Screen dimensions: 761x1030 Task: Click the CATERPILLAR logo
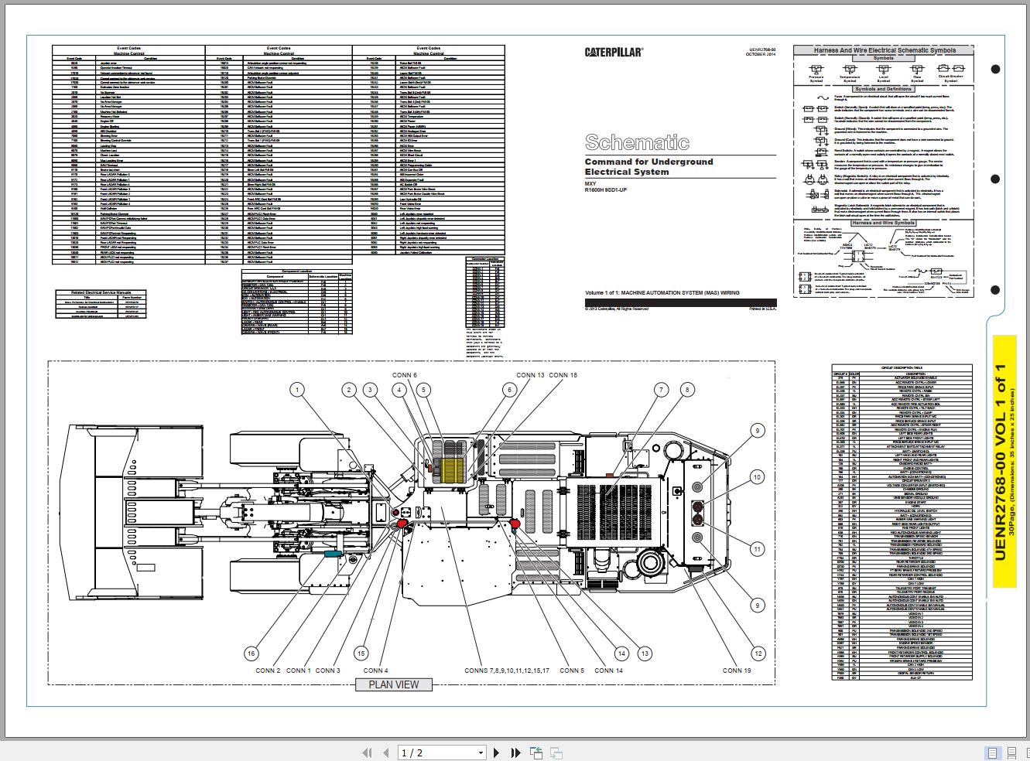(x=613, y=53)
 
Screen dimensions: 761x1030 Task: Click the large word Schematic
(x=637, y=142)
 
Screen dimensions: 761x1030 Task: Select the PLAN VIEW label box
(x=393, y=684)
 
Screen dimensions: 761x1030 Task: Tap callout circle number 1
(x=297, y=391)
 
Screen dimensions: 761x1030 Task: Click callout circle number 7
(x=661, y=391)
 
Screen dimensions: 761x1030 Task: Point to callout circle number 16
(x=251, y=654)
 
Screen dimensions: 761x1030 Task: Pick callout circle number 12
(x=758, y=654)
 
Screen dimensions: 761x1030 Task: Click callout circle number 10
(x=758, y=478)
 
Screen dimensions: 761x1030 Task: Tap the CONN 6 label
(x=404, y=375)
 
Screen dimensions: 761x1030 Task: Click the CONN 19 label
(x=737, y=671)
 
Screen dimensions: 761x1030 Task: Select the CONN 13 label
(x=530, y=375)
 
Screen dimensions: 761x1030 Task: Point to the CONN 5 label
(x=572, y=671)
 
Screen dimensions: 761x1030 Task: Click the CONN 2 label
(x=268, y=671)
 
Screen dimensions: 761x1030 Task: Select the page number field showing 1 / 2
(x=441, y=752)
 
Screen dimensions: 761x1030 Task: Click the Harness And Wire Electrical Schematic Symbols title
(x=884, y=50)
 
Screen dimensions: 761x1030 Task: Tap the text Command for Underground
(x=648, y=162)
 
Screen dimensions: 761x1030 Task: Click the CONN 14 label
(x=608, y=671)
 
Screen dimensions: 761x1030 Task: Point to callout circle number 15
(x=361, y=654)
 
